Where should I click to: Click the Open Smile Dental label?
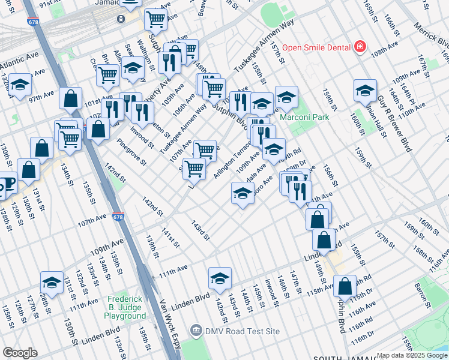pyautogui.click(x=316, y=47)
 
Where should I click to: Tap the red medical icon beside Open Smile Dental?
pyautogui.click(x=360, y=47)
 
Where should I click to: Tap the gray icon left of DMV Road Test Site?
pyautogui.click(x=196, y=331)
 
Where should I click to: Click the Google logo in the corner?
pyautogui.click(x=20, y=353)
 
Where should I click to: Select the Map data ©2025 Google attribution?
pyautogui.click(x=412, y=355)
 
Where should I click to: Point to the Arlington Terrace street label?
pyautogui.click(x=232, y=159)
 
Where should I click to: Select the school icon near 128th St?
pyautogui.click(x=52, y=282)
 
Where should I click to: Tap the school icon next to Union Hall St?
pyautogui.click(x=364, y=90)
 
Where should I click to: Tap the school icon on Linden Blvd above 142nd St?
pyautogui.click(x=220, y=278)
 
